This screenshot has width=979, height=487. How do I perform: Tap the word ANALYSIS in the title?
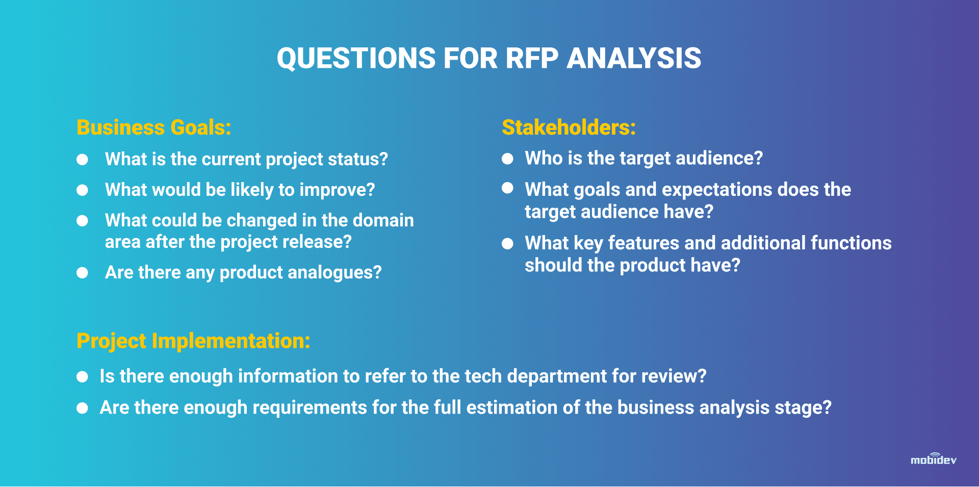tap(634, 58)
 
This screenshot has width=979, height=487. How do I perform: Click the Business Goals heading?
tap(153, 127)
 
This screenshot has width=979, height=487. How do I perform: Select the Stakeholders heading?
tap(569, 127)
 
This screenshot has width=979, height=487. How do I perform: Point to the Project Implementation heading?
tap(193, 341)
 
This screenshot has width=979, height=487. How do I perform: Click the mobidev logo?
tap(934, 459)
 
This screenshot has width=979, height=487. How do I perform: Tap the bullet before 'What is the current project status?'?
tap(82, 160)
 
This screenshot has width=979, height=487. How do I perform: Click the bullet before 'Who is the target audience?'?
tap(507, 159)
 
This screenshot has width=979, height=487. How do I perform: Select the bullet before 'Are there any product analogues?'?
tap(82, 273)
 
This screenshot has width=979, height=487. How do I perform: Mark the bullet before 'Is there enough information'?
tap(82, 377)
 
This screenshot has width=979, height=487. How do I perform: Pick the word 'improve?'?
tap(337, 190)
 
